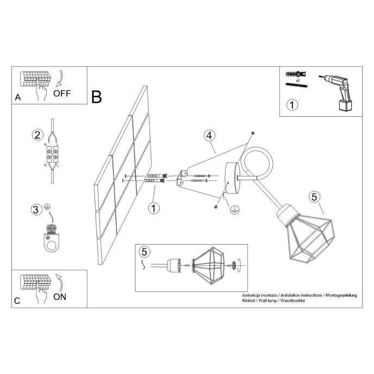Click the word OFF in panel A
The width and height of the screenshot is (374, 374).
coord(61,93)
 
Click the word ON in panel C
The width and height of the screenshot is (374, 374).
coord(60,296)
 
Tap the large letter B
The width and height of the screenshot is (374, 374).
coord(97,97)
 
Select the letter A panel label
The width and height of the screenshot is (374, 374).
coord(18,98)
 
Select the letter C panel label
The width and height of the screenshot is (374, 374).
coord(18,301)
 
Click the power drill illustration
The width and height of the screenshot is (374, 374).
coord(338,91)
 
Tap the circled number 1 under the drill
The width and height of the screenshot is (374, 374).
coord(292,104)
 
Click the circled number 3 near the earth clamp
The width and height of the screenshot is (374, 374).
coord(36,209)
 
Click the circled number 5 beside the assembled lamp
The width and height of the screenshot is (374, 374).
coord(313,197)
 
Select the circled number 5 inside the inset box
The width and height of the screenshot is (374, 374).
coord(144,252)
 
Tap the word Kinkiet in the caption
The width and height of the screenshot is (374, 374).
coord(249,301)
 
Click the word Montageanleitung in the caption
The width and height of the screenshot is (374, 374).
coord(340,295)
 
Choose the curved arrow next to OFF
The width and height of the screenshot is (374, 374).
coord(59,78)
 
